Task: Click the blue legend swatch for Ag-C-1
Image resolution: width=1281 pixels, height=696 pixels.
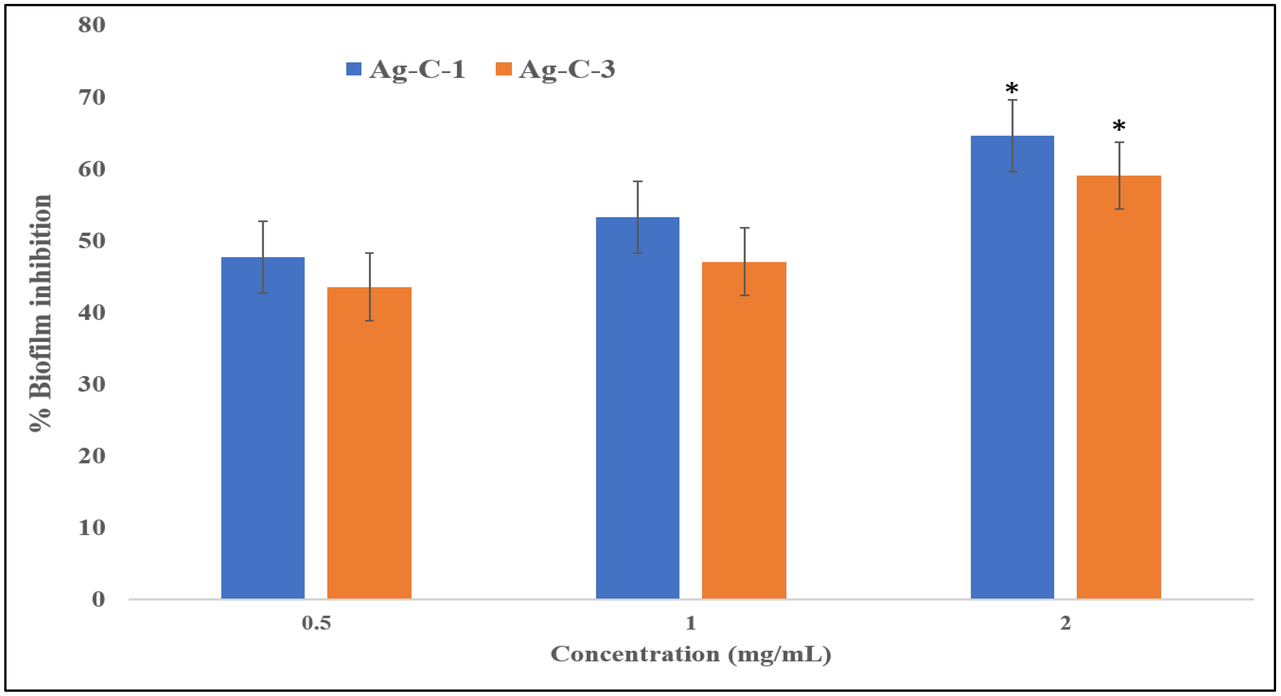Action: coord(353,69)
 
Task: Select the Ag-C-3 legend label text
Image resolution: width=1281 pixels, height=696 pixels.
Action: coord(567,69)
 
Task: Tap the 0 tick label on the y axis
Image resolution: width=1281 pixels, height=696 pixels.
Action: coord(99,599)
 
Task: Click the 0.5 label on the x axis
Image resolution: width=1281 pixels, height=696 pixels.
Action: coord(316,623)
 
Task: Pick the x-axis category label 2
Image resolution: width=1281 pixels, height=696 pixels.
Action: coord(1065,623)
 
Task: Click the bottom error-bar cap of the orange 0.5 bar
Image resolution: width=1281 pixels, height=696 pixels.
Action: coord(369,321)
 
